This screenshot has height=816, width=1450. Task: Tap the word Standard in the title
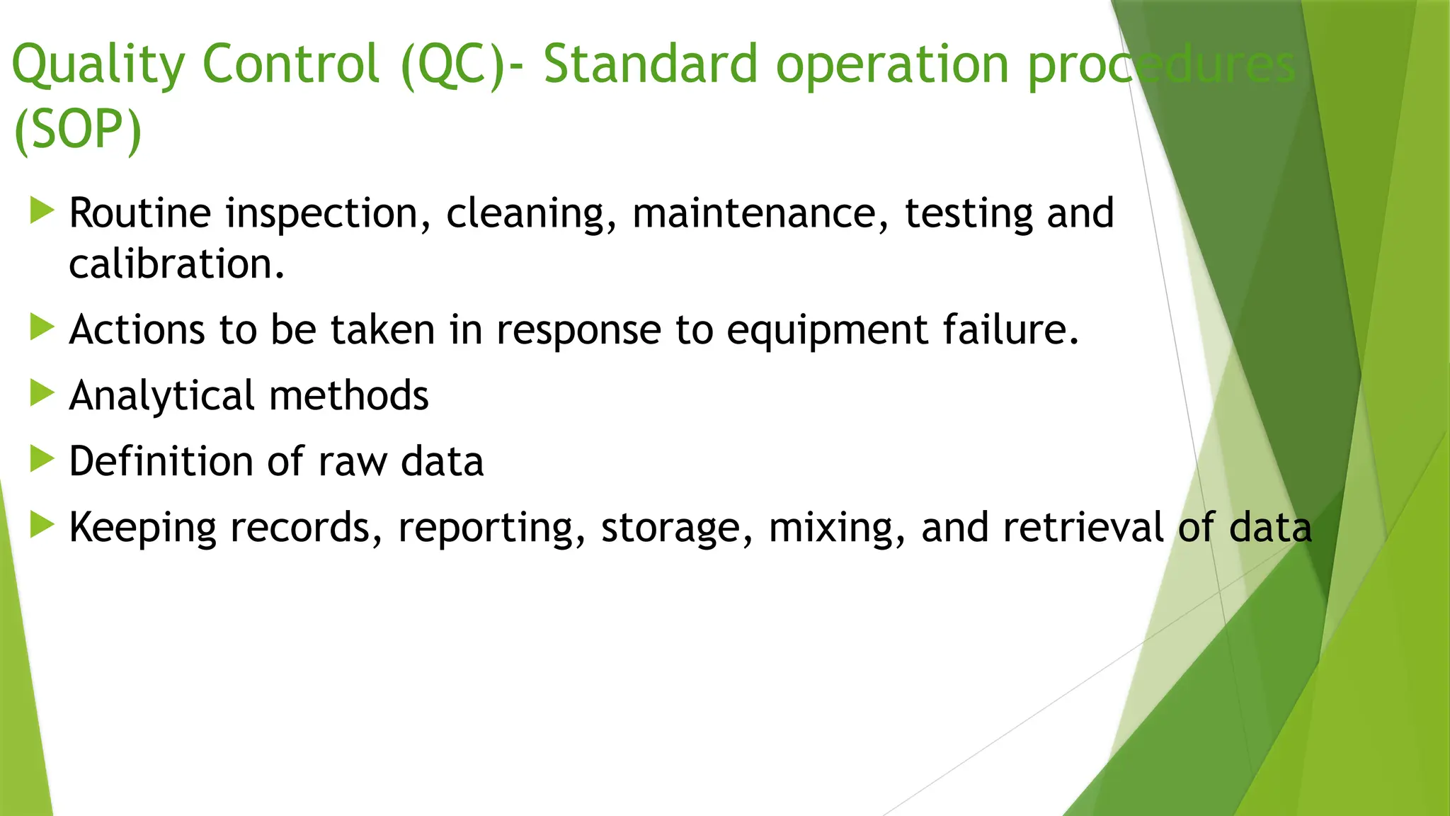pyautogui.click(x=650, y=65)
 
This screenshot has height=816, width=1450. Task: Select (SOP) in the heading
pyautogui.click(x=78, y=130)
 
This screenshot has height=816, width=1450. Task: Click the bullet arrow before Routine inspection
pyautogui.click(x=42, y=211)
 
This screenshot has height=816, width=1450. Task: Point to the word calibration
pyautogui.click(x=176, y=264)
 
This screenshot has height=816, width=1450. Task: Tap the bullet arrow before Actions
pyautogui.click(x=42, y=327)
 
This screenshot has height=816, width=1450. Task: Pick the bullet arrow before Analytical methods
pyautogui.click(x=42, y=393)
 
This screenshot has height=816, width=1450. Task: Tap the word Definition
pyautogui.click(x=161, y=461)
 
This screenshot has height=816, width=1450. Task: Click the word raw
pyautogui.click(x=353, y=463)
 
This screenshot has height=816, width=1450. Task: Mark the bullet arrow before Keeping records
pyautogui.click(x=42, y=525)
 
